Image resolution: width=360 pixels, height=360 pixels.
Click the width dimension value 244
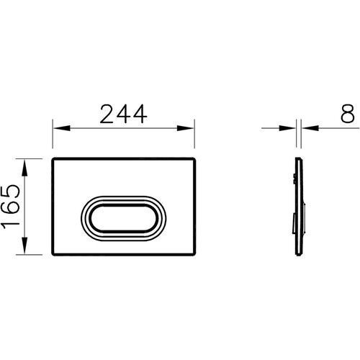pos(124,114)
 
